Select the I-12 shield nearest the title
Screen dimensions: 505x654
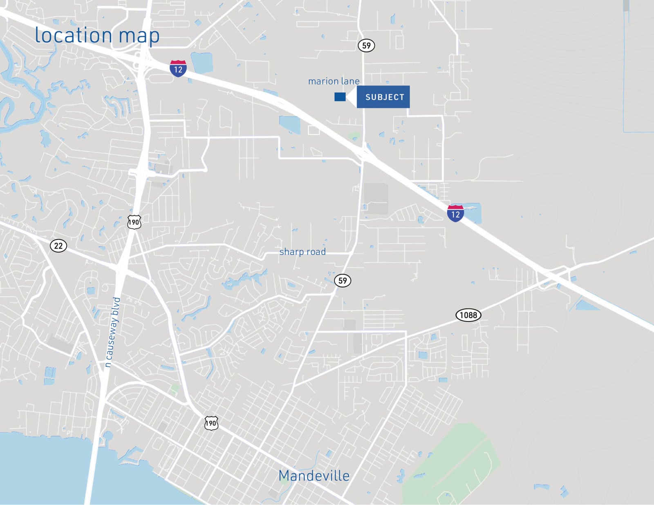[x=178, y=68]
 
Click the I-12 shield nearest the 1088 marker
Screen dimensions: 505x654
[x=455, y=213]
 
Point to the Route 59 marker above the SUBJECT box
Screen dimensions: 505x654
[x=366, y=45]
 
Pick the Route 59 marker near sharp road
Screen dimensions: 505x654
[x=343, y=281]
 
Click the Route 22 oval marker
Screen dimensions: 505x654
[x=58, y=246]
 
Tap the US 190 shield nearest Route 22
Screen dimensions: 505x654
[x=134, y=222]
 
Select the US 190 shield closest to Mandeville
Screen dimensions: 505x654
[x=211, y=423]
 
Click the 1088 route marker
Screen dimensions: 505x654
[x=468, y=315]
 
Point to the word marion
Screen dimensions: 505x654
[x=323, y=81]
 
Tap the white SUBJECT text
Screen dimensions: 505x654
[x=385, y=97]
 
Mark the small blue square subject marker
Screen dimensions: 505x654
[x=340, y=97]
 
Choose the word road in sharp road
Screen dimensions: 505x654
[x=317, y=252]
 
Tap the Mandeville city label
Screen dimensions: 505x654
[x=314, y=476]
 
